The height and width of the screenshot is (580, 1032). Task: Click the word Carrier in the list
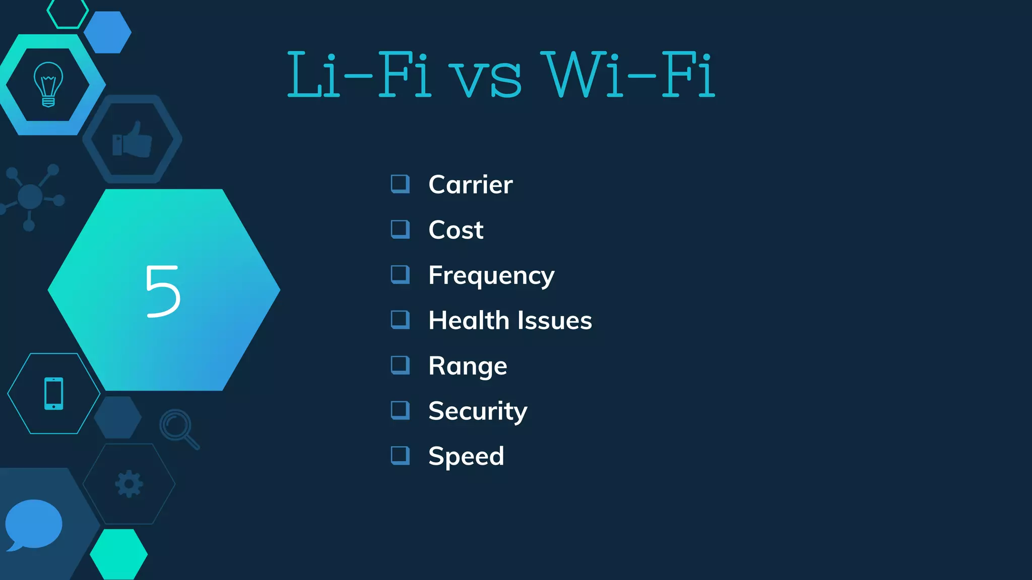[x=470, y=185]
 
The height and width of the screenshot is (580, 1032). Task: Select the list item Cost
[x=456, y=230]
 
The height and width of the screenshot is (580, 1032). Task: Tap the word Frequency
[x=491, y=276]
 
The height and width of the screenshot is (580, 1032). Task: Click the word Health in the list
[x=469, y=320]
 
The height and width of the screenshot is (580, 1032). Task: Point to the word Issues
[x=554, y=321]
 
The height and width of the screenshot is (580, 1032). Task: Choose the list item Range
[x=467, y=366]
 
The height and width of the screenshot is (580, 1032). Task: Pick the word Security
[x=477, y=411]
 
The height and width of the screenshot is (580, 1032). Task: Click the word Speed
[x=466, y=457]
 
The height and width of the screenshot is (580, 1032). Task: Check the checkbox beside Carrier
[x=400, y=184]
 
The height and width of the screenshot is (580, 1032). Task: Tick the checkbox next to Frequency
[x=400, y=274]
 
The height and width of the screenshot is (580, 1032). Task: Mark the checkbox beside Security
[x=400, y=410]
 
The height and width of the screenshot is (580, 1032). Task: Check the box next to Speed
[x=400, y=456]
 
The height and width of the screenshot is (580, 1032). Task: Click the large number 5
[x=163, y=291]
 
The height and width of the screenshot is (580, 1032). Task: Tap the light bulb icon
[x=48, y=84]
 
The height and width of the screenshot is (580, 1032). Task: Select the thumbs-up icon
[x=132, y=139]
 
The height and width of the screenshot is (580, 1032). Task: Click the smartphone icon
[x=54, y=393]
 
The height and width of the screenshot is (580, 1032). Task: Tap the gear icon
[x=129, y=484]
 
